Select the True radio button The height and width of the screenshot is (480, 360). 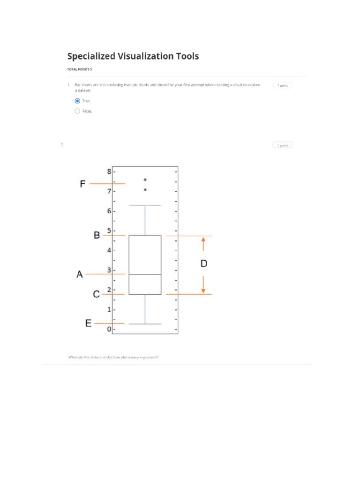77,101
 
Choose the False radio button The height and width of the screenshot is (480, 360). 77,111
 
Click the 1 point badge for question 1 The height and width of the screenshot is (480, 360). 283,85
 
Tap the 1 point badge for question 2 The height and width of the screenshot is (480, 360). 283,145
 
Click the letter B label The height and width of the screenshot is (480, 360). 97,235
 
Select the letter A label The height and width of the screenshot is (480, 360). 80,275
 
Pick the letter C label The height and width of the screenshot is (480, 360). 96,294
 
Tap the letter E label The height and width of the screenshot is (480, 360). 88,324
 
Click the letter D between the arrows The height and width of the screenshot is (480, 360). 203,264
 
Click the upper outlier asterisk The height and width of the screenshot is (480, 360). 145,180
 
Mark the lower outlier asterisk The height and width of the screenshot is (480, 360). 145,190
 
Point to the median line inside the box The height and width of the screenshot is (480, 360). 145,274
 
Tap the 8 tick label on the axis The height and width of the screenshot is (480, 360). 109,172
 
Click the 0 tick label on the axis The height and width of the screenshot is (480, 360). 109,330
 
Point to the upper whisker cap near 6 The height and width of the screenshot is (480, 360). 145,206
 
